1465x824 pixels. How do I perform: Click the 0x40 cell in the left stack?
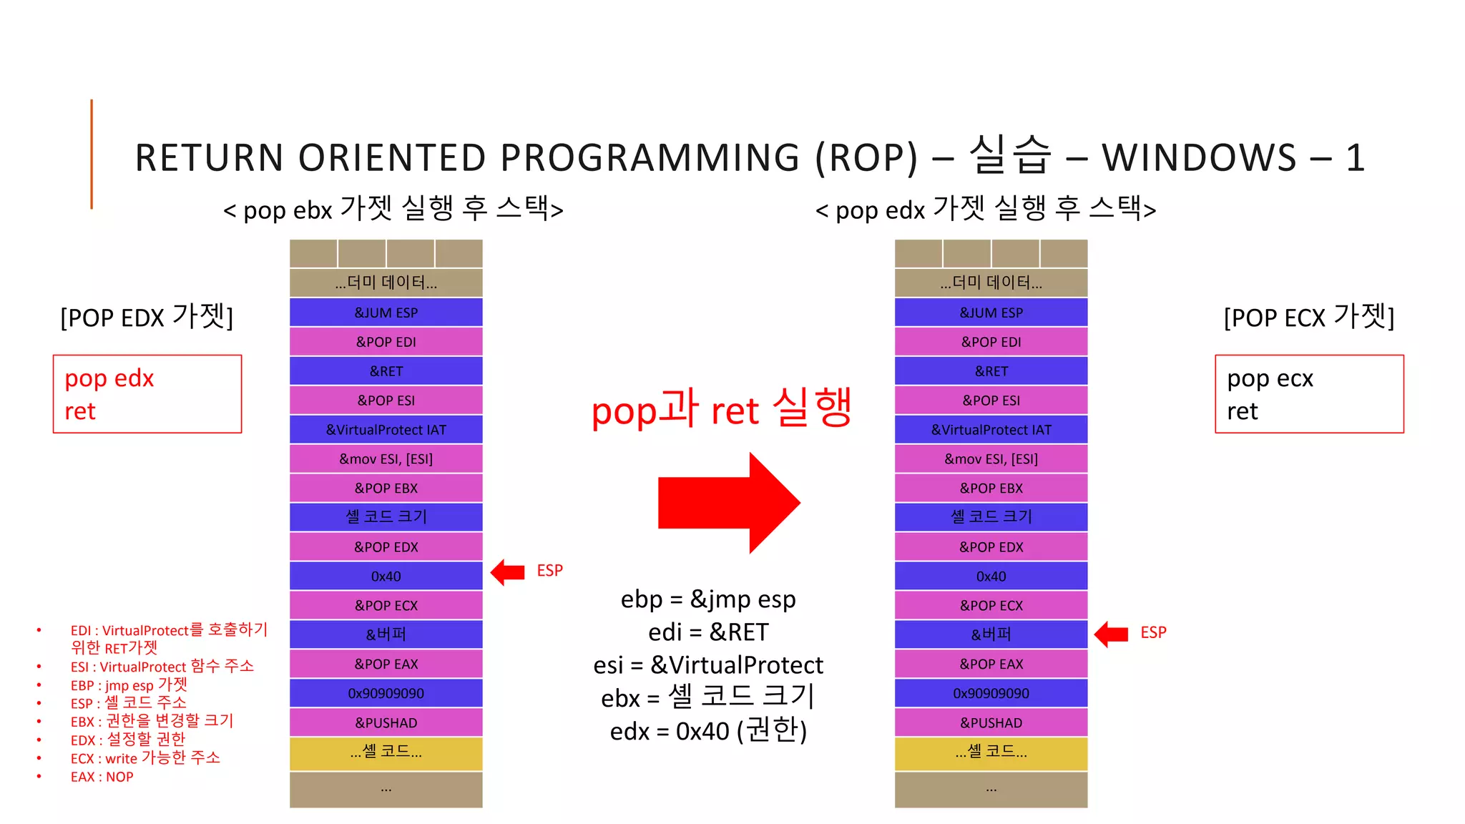tap(386, 576)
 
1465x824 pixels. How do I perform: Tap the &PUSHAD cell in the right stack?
tap(991, 722)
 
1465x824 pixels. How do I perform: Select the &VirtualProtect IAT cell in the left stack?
tap(386, 429)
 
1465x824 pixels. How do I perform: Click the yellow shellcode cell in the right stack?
tap(991, 752)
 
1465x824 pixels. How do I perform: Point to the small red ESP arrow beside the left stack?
tap(508, 572)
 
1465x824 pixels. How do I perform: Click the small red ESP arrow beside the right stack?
tap(1112, 633)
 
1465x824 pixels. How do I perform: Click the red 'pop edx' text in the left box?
tap(109, 378)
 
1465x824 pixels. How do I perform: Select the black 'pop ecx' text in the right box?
tap(1270, 378)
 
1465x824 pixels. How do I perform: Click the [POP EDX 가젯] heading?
tap(147, 316)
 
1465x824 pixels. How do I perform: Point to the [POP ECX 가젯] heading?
tap(1309, 316)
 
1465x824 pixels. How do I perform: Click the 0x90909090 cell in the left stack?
tap(386, 693)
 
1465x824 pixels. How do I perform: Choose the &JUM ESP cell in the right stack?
tap(991, 313)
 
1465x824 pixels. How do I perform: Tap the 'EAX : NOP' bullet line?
tap(102, 777)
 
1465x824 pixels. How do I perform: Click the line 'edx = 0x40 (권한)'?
tap(708, 731)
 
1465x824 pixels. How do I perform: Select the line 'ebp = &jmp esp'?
tap(708, 599)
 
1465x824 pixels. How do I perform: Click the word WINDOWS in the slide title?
tap(1199, 157)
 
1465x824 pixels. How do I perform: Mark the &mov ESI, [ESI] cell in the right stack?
tap(991, 458)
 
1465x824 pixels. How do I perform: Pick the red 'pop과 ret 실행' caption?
tap(721, 409)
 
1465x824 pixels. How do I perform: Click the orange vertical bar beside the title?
tap(92, 154)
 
